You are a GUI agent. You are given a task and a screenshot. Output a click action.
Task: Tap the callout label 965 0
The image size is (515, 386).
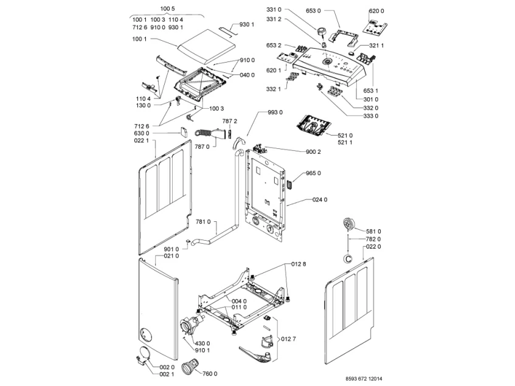[x=313, y=173]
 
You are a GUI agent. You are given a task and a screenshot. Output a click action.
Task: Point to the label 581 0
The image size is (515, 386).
[x=373, y=231]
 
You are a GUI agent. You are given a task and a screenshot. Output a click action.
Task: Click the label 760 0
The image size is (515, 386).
[x=210, y=373]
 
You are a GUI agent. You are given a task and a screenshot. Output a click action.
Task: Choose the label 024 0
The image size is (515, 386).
[x=320, y=199]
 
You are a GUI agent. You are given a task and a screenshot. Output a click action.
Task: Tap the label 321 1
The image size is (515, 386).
[x=376, y=46]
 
